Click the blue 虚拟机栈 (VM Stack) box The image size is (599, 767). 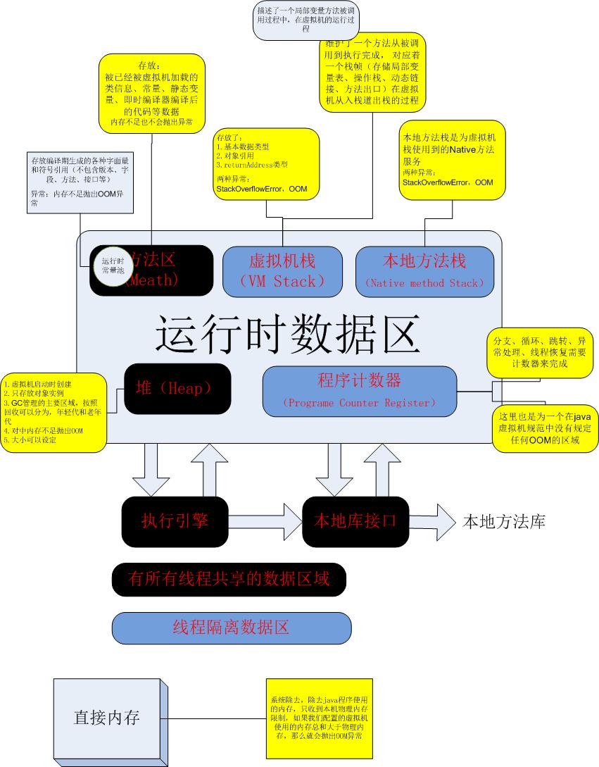click(x=282, y=270)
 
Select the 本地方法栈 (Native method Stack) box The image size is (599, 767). click(x=424, y=270)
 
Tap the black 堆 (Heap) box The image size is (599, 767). click(x=177, y=388)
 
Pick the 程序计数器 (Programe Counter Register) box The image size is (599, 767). click(x=359, y=391)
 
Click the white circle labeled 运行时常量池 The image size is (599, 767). click(x=113, y=266)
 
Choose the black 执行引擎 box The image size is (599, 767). click(x=175, y=521)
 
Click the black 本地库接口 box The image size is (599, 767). click(x=355, y=521)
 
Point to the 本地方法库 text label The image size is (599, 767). click(x=503, y=521)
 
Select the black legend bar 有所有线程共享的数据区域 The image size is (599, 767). click(x=229, y=579)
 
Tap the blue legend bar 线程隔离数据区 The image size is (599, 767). click(x=232, y=628)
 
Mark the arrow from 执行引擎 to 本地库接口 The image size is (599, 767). click(x=257, y=521)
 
